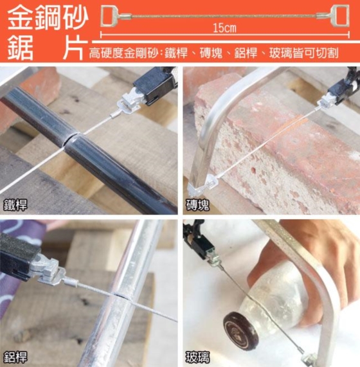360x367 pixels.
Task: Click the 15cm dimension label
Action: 224,28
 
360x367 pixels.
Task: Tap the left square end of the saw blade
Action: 109,16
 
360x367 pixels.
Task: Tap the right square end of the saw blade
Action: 341,15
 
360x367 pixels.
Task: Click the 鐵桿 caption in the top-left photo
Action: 15,205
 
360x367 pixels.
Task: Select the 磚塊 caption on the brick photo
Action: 197,205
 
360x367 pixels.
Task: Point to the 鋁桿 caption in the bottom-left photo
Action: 15,357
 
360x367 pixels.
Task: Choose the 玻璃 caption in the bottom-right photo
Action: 197,357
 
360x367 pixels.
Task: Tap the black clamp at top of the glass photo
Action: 201,245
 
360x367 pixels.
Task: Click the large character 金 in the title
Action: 21,18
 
